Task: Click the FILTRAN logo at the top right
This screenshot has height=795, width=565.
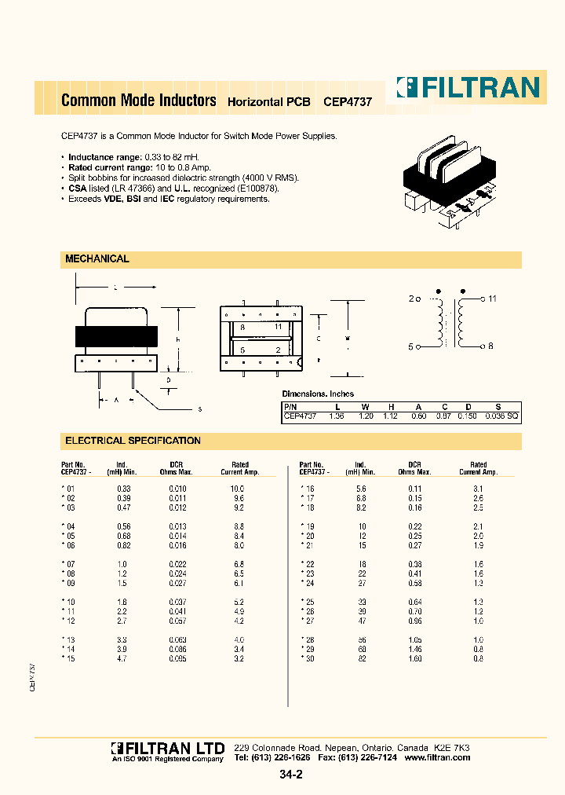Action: (x=468, y=87)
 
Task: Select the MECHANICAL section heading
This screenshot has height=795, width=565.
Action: (x=97, y=258)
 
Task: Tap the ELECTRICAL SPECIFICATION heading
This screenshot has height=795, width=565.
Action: (x=133, y=441)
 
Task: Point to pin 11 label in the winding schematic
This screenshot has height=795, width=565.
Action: (x=493, y=299)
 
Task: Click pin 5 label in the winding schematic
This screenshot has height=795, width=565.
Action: (x=411, y=346)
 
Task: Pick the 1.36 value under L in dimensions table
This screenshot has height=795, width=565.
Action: (x=337, y=416)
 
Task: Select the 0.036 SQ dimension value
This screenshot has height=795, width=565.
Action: (x=501, y=416)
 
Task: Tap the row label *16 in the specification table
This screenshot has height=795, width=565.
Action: (x=307, y=489)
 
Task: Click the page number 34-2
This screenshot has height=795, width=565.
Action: (x=290, y=775)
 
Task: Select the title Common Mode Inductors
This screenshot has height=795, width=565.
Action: (x=138, y=101)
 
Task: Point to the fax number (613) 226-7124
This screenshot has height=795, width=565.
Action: (x=370, y=757)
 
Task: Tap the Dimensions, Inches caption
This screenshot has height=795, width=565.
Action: (x=318, y=394)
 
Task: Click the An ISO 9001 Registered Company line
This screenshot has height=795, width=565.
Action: (x=167, y=759)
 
